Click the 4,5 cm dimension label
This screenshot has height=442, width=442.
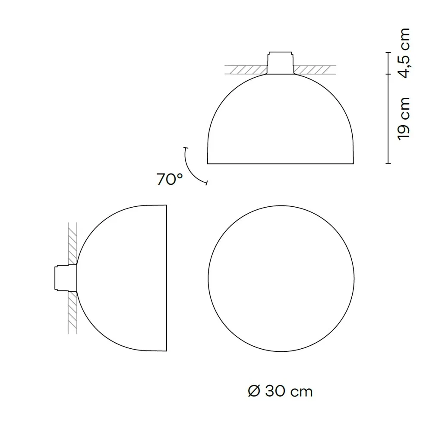tap(404, 54)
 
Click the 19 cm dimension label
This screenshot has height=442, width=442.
tap(404, 118)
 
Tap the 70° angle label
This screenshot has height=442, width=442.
tap(170, 179)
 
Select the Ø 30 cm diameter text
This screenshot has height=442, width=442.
tap(280, 391)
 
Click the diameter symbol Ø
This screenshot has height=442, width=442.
tap(254, 391)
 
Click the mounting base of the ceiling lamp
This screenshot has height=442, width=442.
tap(281, 62)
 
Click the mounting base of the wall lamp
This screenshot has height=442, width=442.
tap(65, 278)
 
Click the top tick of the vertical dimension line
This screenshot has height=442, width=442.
tap(388, 52)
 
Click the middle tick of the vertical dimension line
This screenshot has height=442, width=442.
tap(388, 74)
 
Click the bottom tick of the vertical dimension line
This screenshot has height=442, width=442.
tap(388, 164)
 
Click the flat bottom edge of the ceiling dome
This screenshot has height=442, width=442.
tap(281, 164)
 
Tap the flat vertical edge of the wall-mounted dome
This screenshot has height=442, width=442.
tap(167, 278)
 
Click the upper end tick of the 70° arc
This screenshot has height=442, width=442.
tap(185, 148)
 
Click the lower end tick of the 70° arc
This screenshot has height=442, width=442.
tap(207, 184)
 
